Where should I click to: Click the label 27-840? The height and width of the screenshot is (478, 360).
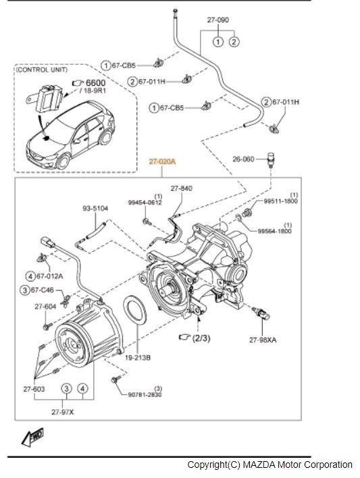(x=182, y=188)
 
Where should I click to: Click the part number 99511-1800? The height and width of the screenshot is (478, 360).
(x=281, y=201)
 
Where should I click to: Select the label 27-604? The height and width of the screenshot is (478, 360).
(x=45, y=306)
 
